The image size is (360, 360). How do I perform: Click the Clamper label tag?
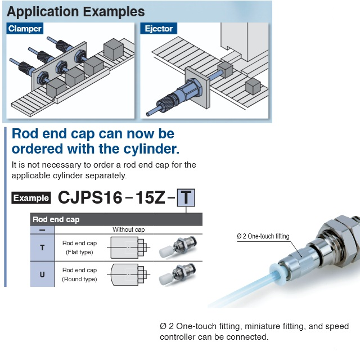tap(25, 29)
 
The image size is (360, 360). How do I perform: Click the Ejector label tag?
tap(159, 29)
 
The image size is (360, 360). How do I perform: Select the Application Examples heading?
tap(76, 11)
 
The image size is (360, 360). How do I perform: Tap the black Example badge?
tap(31, 198)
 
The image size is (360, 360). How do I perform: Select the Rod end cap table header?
tap(56, 219)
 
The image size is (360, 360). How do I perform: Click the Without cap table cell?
tap(128, 229)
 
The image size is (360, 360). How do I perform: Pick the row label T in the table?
tap(42, 247)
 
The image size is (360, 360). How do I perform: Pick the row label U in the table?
tap(42, 274)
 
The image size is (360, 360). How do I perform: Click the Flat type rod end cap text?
tap(79, 247)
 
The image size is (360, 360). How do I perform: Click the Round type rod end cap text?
tap(79, 274)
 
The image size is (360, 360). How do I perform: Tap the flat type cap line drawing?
tap(129, 247)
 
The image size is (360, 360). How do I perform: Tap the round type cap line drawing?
tap(129, 274)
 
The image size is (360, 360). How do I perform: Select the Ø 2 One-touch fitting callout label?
tap(263, 236)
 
